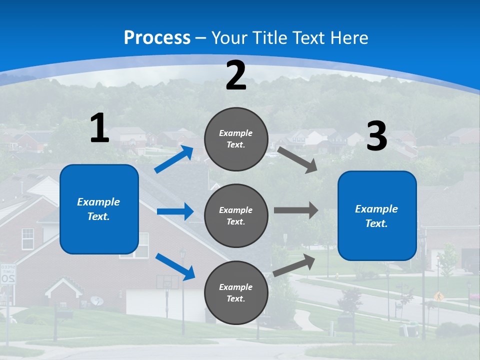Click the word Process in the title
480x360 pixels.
(x=157, y=38)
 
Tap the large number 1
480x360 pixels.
(x=99, y=128)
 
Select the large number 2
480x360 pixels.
(x=236, y=76)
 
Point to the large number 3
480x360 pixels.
(x=376, y=136)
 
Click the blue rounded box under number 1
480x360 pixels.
(x=99, y=209)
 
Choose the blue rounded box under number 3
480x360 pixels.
(x=377, y=215)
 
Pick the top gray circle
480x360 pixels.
(x=236, y=139)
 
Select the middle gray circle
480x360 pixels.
(x=236, y=215)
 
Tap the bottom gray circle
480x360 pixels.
(x=236, y=292)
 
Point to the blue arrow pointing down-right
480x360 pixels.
(x=175, y=266)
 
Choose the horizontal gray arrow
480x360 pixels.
(x=296, y=210)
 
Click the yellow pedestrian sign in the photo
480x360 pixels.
(x=439, y=296)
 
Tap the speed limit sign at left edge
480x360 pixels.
(x=7, y=274)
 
